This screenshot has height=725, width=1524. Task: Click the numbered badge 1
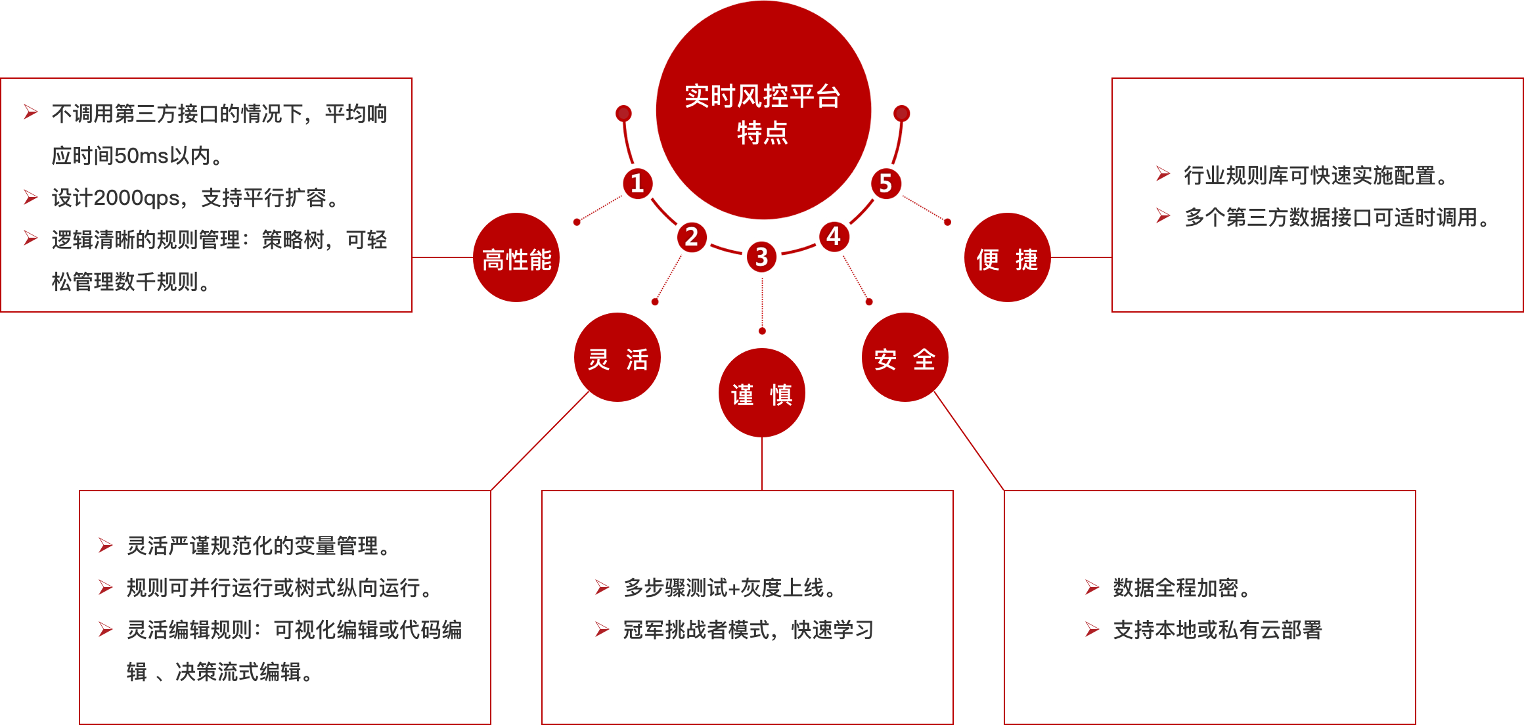pos(637,184)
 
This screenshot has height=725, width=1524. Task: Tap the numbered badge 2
pos(692,237)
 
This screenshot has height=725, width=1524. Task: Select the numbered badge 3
pos(762,257)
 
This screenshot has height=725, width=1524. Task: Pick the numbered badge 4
pos(834,236)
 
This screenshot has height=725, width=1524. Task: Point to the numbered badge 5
pos(885,184)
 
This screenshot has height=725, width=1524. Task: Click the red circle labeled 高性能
pos(516,258)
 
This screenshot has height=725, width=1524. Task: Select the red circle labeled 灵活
pos(617,358)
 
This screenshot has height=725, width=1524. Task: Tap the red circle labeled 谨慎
pos(762,393)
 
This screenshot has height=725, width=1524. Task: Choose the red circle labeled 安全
pos(905,358)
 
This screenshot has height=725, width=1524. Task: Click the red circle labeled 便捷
pos(1007,258)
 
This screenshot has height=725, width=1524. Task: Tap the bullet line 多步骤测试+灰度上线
pos(729,588)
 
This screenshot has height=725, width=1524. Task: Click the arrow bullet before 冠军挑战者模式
pos(602,629)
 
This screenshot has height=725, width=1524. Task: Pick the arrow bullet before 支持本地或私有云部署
pos(1092,629)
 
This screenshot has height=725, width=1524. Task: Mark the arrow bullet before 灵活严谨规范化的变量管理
pos(105,545)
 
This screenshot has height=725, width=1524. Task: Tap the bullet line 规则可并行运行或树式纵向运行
pos(279,588)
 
